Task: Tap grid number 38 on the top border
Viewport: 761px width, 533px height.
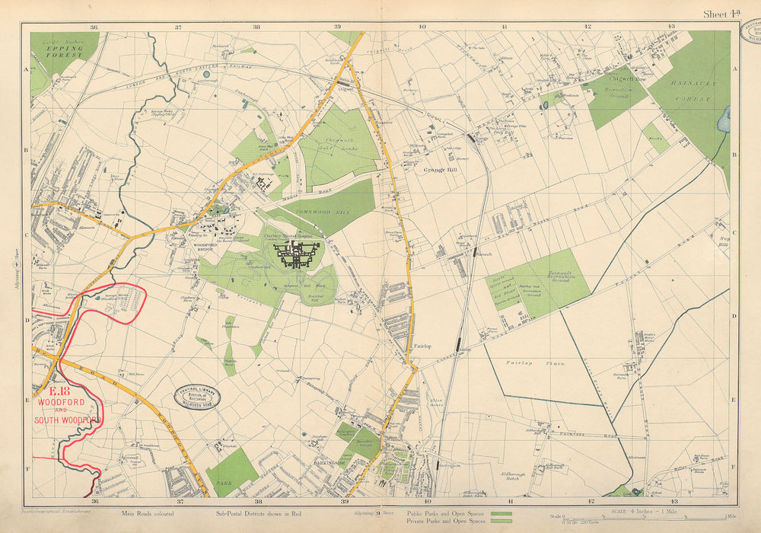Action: coord(257,27)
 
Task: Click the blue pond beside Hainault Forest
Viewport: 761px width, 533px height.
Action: coord(724,120)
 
